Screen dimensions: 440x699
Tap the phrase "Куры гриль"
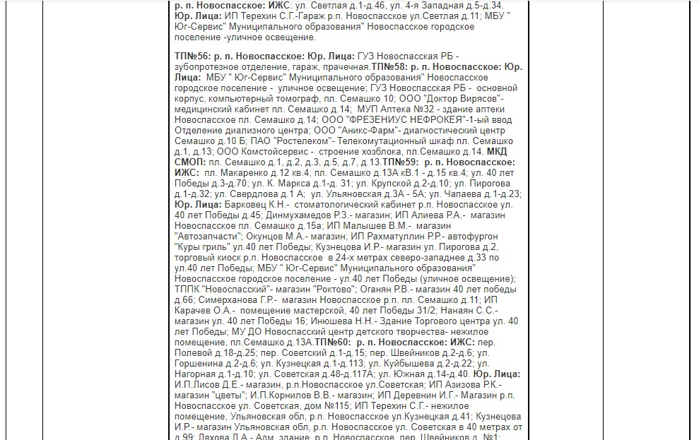pos(199,246)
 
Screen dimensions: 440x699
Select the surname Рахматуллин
pos(405,236)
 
